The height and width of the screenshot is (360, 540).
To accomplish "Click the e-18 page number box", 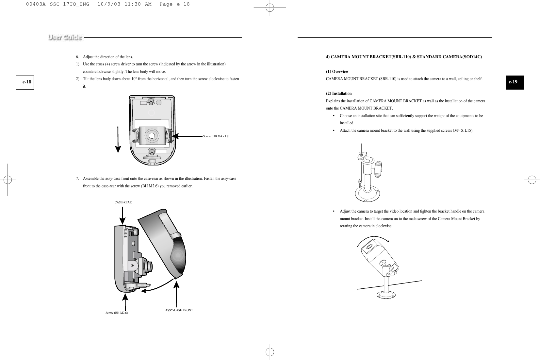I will (x=27, y=82).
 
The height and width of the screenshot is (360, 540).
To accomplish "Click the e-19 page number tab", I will (x=513, y=82).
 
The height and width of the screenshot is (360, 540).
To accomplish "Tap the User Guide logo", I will (x=65, y=37).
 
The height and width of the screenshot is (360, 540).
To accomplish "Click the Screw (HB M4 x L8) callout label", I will (x=216, y=136).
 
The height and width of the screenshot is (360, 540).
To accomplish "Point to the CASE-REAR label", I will (x=123, y=202).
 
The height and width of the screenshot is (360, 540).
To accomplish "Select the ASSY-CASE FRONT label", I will (x=179, y=310).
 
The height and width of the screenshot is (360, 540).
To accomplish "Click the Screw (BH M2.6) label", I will (x=117, y=313).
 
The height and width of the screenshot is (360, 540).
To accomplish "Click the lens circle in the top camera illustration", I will (x=152, y=135).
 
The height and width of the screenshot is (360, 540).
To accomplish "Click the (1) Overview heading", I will (x=337, y=72).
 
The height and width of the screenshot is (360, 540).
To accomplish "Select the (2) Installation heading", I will (x=339, y=94).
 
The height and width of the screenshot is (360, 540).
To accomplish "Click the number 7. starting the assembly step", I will (x=77, y=179).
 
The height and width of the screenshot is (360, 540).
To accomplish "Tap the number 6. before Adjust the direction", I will (x=77, y=57).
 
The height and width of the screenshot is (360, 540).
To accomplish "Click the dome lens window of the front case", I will (x=179, y=255).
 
